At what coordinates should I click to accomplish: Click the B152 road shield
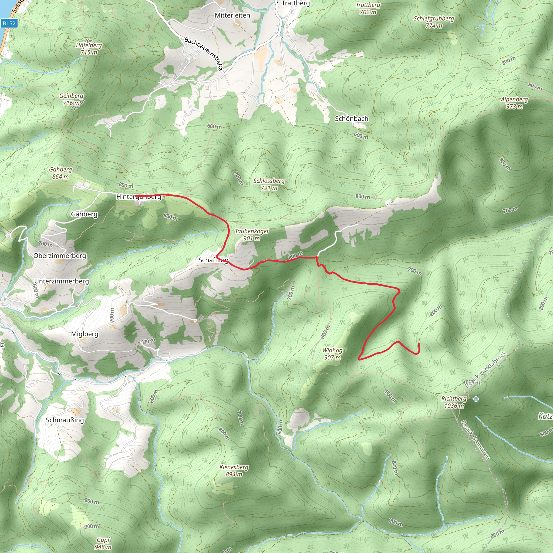[9, 23]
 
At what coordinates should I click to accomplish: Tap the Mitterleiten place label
[232, 15]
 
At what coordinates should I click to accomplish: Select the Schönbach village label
[352, 119]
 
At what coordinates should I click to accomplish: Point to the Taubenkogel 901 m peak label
[252, 235]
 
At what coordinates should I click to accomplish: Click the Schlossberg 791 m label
[269, 184]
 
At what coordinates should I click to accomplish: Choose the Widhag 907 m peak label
[332, 354]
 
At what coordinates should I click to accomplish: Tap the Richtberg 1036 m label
[454, 402]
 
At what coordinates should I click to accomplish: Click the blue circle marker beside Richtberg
[476, 399]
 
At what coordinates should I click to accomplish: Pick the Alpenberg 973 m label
[514, 103]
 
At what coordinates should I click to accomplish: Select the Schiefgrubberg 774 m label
[434, 22]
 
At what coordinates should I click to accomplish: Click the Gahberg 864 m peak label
[60, 173]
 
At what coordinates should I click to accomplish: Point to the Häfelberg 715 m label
[89, 49]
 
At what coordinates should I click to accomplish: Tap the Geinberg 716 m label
[71, 99]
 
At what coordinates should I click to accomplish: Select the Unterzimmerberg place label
[62, 281]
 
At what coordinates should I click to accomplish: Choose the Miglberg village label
[85, 334]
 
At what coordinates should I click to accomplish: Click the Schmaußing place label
[65, 420]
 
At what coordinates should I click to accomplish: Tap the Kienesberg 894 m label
[234, 471]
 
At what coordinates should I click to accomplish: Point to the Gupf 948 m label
[103, 543]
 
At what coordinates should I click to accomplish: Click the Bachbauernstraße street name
[204, 53]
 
